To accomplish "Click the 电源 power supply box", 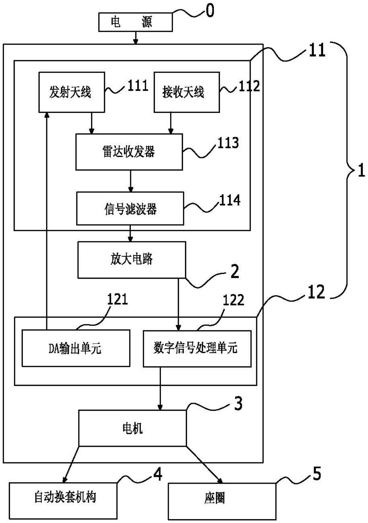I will [135, 22].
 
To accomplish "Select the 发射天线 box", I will [71, 92].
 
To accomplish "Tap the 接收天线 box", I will [186, 92].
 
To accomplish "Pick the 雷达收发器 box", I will [129, 152].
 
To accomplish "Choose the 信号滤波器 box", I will [130, 208].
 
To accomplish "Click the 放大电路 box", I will [132, 260].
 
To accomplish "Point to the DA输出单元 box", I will [76, 348].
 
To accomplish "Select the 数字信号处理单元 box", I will [197, 348].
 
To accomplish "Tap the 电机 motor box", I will [132, 428].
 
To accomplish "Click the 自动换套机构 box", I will [63, 498].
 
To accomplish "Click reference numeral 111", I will [138, 86].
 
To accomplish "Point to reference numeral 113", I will [228, 143].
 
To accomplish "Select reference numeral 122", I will [233, 300].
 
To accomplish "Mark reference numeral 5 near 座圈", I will [316, 474].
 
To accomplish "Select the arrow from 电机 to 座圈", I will [204, 465].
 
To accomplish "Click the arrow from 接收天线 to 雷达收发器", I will [171, 123].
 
